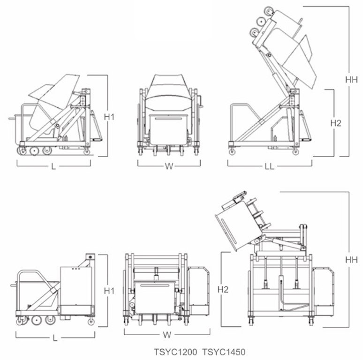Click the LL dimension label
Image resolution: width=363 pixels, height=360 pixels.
(x=270, y=166)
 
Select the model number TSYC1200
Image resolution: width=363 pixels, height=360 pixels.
(x=176, y=352)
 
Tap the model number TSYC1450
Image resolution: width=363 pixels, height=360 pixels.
(x=224, y=352)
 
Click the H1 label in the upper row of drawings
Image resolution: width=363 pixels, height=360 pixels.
(x=109, y=117)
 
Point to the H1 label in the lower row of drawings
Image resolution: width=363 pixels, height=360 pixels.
(x=109, y=291)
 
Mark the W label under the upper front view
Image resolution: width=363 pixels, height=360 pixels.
(x=169, y=166)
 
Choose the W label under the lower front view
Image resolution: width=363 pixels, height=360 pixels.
(x=167, y=335)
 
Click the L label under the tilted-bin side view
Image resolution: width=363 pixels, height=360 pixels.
(x=53, y=166)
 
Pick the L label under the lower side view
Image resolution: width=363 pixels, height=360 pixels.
(x=55, y=338)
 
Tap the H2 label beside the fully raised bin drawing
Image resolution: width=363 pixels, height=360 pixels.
(x=336, y=123)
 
